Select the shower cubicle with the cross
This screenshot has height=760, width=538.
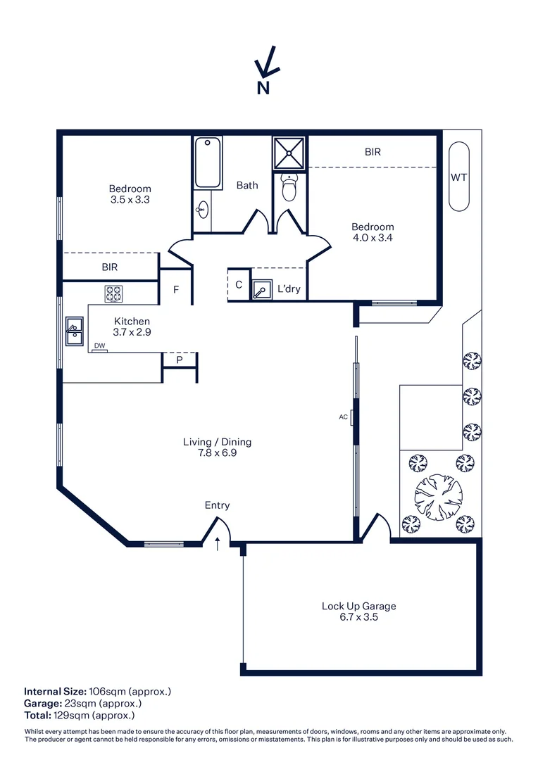click(x=289, y=153)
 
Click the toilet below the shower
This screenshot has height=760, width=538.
click(x=289, y=188)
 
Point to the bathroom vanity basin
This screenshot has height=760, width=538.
click(x=203, y=209)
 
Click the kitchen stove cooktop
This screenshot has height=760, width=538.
click(x=114, y=293)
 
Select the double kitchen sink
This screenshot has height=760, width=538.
click(x=74, y=331)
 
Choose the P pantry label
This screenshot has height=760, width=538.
click(x=180, y=360)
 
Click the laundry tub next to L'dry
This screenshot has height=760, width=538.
click(x=262, y=289)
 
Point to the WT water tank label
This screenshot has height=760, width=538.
click(x=458, y=177)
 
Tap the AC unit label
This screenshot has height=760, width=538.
click(x=344, y=417)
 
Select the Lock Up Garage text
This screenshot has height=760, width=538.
click(x=358, y=606)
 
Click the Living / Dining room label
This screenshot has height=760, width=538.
click(x=217, y=442)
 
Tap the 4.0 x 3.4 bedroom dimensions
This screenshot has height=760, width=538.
click(x=373, y=238)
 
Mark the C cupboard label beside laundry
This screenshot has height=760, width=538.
click(x=239, y=285)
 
